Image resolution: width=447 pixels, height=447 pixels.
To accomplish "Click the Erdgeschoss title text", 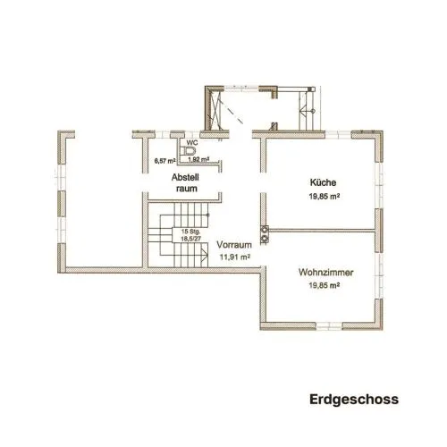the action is [354, 400].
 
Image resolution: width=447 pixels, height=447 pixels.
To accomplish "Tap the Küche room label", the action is [323, 182].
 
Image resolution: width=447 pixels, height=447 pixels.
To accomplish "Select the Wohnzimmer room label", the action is [325, 273].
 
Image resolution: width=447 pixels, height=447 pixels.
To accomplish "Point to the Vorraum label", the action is [234, 245].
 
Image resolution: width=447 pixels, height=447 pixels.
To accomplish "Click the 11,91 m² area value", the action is [234, 257].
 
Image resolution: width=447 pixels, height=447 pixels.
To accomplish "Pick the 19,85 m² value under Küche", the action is [325, 197].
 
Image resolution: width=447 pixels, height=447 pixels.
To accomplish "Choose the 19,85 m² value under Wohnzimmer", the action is [325, 285].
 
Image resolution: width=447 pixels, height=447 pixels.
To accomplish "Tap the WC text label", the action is [192, 143].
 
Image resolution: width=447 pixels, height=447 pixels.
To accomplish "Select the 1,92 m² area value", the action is [198, 159].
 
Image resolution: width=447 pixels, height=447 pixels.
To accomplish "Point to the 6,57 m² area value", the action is [164, 161].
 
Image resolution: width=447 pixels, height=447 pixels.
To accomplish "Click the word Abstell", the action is [185, 178].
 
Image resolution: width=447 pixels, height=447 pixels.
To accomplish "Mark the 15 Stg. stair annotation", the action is [190, 232].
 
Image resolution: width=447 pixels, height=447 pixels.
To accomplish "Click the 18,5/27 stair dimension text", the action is [190, 239].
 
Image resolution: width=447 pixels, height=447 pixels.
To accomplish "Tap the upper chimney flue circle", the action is [265, 229].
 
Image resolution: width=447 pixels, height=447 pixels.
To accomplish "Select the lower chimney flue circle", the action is [265, 239].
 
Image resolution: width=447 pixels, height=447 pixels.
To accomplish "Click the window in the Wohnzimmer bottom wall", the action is [329, 326].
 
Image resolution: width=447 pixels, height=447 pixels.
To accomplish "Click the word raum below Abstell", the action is [187, 189].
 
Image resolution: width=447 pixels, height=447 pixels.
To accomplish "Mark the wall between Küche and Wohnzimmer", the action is [322, 231].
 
